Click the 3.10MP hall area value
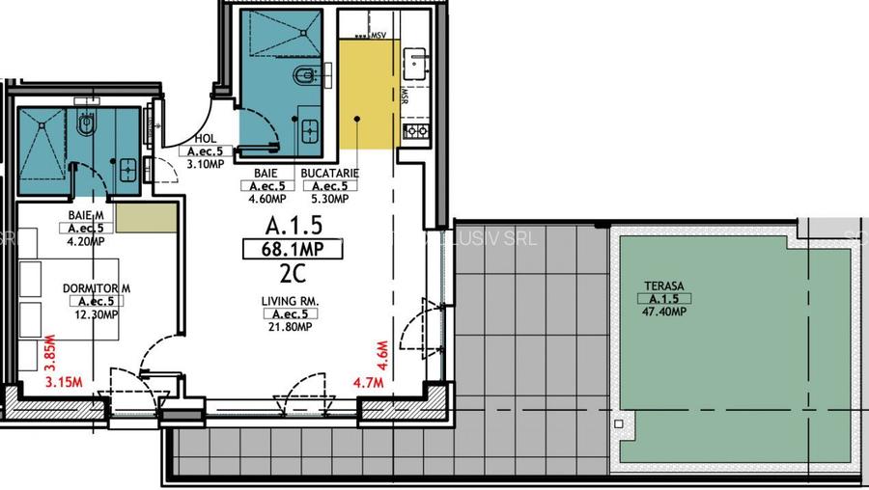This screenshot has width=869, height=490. (x=204, y=164)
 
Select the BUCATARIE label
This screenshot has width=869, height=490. (x=330, y=174)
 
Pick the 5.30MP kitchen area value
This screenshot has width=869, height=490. (x=330, y=200)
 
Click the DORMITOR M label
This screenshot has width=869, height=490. (x=96, y=288)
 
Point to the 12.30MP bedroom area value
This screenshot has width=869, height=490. (x=96, y=314)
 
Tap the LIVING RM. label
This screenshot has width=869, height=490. (x=289, y=301)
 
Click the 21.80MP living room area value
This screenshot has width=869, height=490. (x=289, y=327)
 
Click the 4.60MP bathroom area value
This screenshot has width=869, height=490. (x=266, y=200)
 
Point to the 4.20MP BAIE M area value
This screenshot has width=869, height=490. (x=86, y=241)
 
